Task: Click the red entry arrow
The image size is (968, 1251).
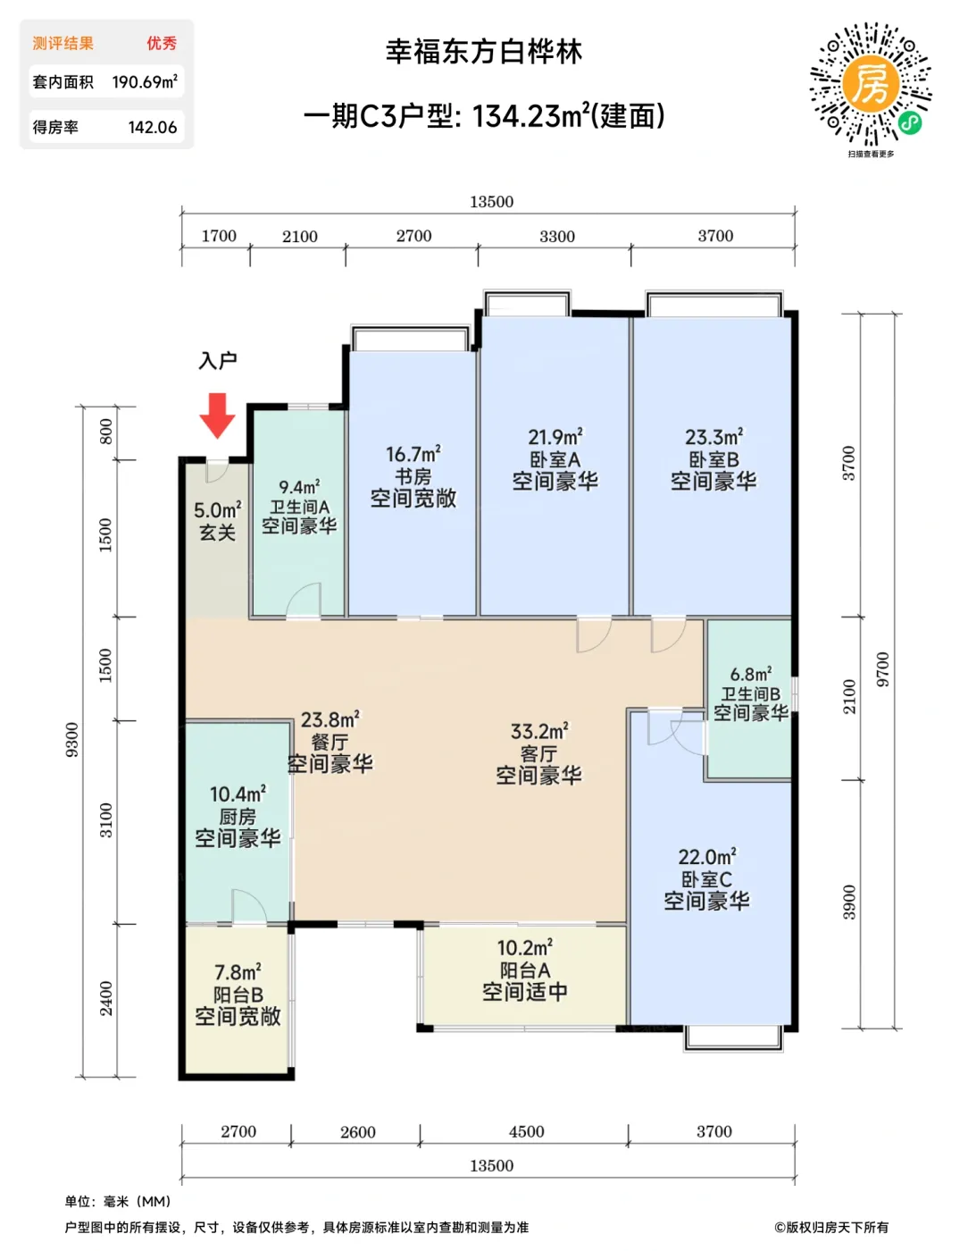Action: [217, 416]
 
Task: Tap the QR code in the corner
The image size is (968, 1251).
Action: [871, 83]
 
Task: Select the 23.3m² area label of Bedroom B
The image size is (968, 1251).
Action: [713, 437]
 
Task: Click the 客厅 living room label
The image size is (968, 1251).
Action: [538, 753]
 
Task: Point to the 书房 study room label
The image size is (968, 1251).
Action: [413, 476]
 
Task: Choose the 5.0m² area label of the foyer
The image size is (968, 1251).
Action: [217, 509]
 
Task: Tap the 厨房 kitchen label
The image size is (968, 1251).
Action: [238, 817]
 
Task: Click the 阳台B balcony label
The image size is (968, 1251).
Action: [238, 995]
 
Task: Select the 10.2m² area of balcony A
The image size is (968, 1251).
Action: [524, 947]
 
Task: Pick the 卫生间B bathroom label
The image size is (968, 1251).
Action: [751, 693]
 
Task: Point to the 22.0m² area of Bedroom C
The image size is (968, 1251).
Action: [707, 857]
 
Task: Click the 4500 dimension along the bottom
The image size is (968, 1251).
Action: [526, 1131]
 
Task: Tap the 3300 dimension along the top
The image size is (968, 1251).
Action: [556, 236]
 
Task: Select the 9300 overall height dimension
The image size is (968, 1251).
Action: [72, 740]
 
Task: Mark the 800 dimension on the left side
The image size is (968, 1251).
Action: [106, 432]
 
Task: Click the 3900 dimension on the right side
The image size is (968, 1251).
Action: [849, 903]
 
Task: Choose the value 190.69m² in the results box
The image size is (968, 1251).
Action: [145, 81]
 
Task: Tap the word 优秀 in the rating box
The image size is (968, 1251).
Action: [162, 43]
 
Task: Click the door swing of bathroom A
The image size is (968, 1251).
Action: [303, 600]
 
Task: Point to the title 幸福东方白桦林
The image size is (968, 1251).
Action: [484, 52]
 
